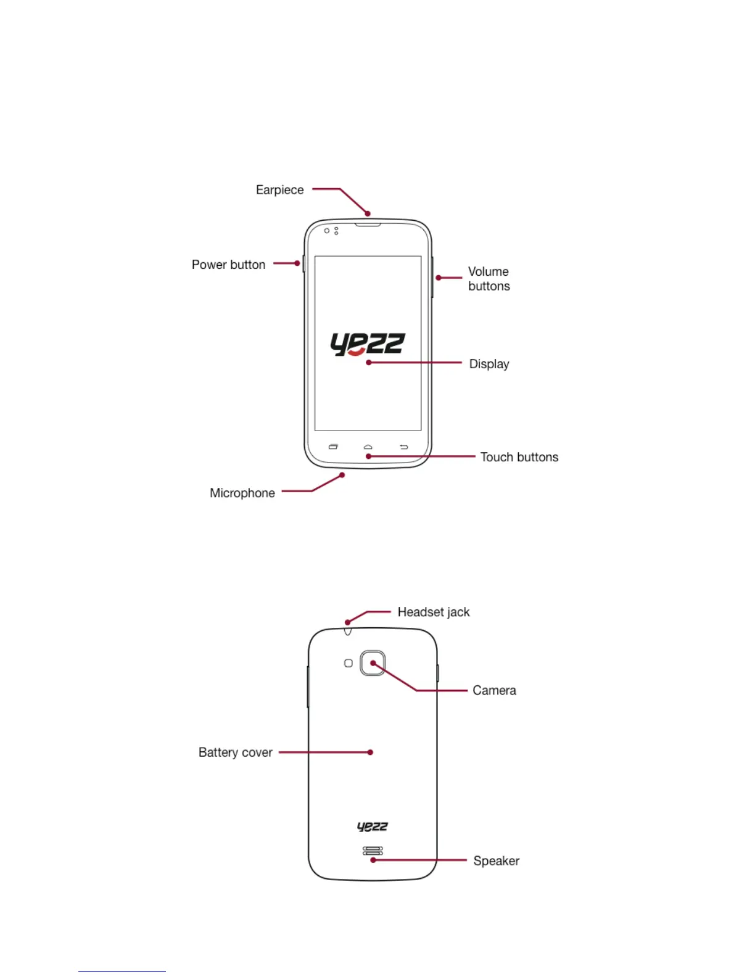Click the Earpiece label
pos(279,190)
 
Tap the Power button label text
pos(228,265)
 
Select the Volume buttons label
pos(489,279)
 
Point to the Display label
pos(489,364)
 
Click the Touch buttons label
pos(519,457)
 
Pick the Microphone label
pos(242,493)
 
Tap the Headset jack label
pos(433,612)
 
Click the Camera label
pos(493,690)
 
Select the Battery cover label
pos(235,752)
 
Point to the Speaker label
pos(496,860)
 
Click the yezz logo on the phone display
pos(367,344)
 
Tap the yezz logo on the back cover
pos(372,827)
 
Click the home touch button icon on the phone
pos(368,447)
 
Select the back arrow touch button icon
pos(403,447)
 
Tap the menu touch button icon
pos(333,447)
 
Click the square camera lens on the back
pos(373,663)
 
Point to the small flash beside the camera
pos(348,663)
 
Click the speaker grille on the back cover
pos(372,851)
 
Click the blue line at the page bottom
pos(122,971)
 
